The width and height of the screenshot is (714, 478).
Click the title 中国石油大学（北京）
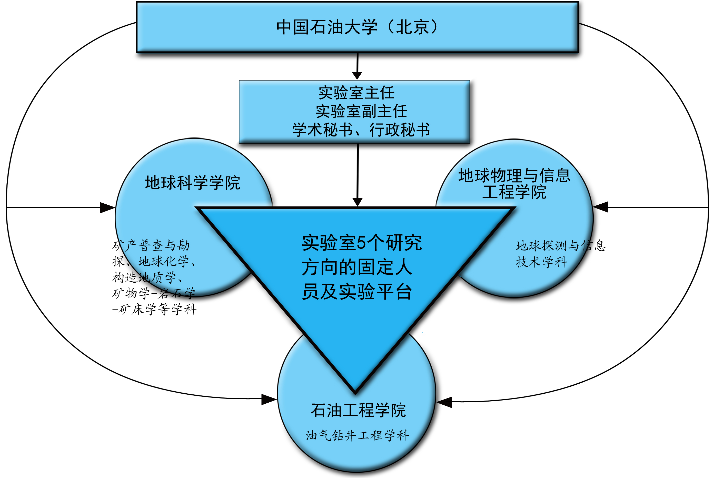[x=357, y=27]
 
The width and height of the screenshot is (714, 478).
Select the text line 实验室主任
[x=356, y=93]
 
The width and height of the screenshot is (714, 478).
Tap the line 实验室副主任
[x=361, y=111]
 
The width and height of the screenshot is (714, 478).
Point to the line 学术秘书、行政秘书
[x=361, y=130]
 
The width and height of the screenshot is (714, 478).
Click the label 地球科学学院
[x=193, y=183]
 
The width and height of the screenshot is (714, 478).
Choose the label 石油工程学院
[x=358, y=410]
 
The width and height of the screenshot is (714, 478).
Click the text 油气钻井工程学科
[x=357, y=435]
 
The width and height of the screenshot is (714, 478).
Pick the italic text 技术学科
[x=541, y=262]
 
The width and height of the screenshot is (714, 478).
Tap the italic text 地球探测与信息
[x=560, y=246]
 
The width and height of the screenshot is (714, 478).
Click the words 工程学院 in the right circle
[x=514, y=192]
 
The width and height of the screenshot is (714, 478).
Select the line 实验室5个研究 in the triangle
[x=362, y=243]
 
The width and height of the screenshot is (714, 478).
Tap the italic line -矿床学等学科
[x=154, y=310]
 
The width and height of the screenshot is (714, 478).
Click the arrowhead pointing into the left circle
[x=107, y=208]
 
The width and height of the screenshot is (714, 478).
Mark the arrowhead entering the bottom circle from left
[x=269, y=399]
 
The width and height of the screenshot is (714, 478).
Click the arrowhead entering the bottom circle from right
[x=444, y=402]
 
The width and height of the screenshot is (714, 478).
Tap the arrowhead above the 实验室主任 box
[x=357, y=76]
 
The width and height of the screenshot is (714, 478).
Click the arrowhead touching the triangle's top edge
[x=357, y=202]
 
